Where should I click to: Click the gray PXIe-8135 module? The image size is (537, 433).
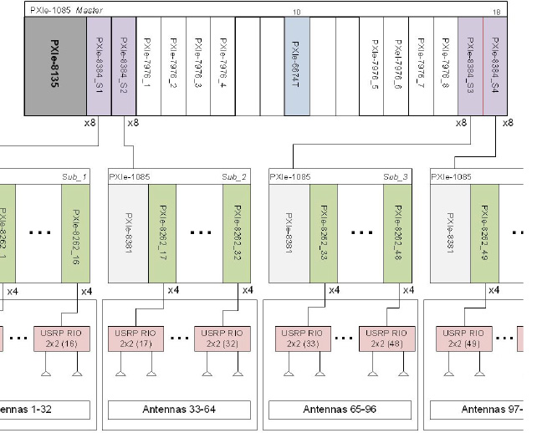[56, 67]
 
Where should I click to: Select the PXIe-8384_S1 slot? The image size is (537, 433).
[99, 67]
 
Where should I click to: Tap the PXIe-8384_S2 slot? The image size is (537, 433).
[123, 67]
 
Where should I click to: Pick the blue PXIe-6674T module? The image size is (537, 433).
[297, 67]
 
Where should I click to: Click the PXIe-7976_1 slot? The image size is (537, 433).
[148, 67]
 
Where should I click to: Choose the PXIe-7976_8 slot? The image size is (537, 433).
[446, 67]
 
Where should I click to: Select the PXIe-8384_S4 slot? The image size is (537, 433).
[495, 67]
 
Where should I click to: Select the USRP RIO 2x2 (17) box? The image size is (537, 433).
[135, 338]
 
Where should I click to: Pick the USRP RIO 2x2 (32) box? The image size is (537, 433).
[216, 338]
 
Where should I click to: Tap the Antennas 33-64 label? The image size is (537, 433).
[180, 410]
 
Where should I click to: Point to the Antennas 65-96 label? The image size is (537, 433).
[340, 410]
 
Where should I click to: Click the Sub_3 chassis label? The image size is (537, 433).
[395, 176]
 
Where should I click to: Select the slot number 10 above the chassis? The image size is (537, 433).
[297, 12]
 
